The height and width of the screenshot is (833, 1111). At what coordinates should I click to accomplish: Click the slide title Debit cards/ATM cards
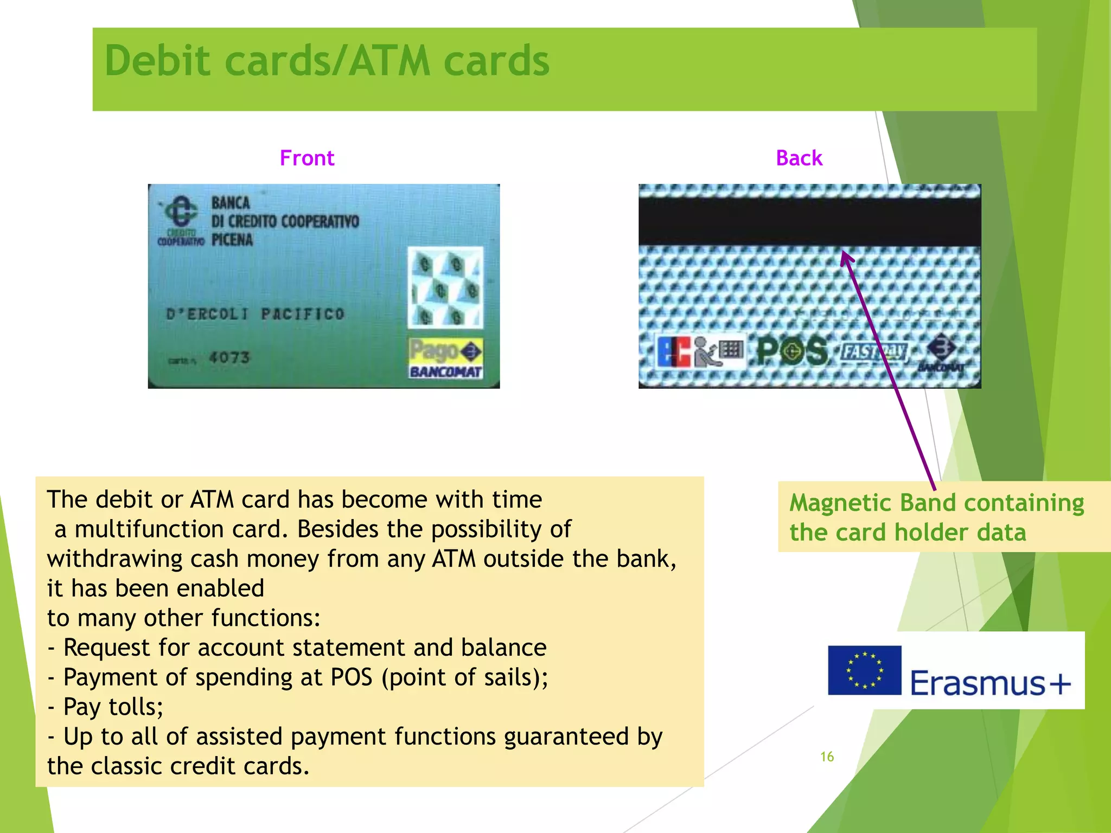tap(327, 61)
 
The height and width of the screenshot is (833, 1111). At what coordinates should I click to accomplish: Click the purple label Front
tap(307, 158)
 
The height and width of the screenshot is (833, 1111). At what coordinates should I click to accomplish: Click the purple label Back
tap(799, 158)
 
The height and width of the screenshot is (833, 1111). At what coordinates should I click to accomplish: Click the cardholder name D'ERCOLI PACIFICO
tap(255, 314)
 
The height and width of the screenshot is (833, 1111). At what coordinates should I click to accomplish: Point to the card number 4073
tap(229, 357)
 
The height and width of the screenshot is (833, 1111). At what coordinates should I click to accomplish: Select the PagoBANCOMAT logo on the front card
tap(445, 358)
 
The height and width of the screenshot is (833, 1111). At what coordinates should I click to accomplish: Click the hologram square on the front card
tap(445, 287)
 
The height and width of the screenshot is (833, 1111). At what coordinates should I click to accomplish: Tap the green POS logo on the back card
tap(792, 351)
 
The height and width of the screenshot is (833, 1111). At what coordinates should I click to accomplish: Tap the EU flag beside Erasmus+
tap(864, 670)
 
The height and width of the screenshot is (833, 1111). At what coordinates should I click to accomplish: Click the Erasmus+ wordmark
tap(991, 683)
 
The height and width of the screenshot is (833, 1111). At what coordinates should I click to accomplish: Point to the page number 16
tap(827, 757)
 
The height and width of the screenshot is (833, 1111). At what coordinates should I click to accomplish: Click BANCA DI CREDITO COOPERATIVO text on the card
tap(285, 221)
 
